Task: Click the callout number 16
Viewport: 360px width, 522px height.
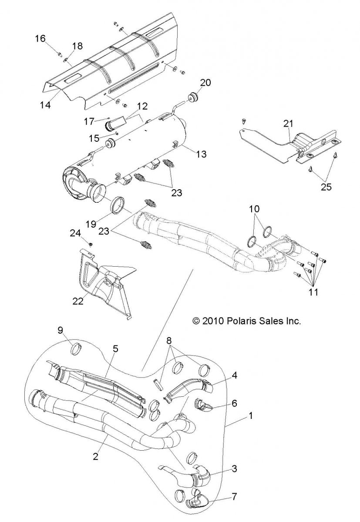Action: [40, 39]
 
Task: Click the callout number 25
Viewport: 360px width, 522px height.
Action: [326, 187]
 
